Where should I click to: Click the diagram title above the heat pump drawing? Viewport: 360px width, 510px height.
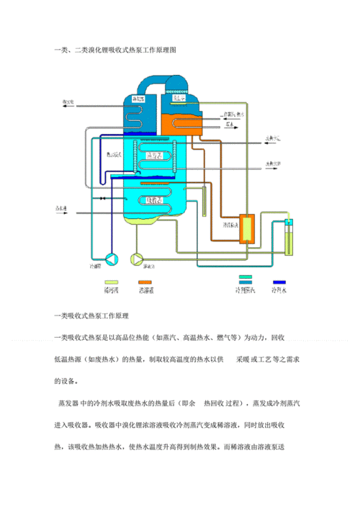click(114, 50)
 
